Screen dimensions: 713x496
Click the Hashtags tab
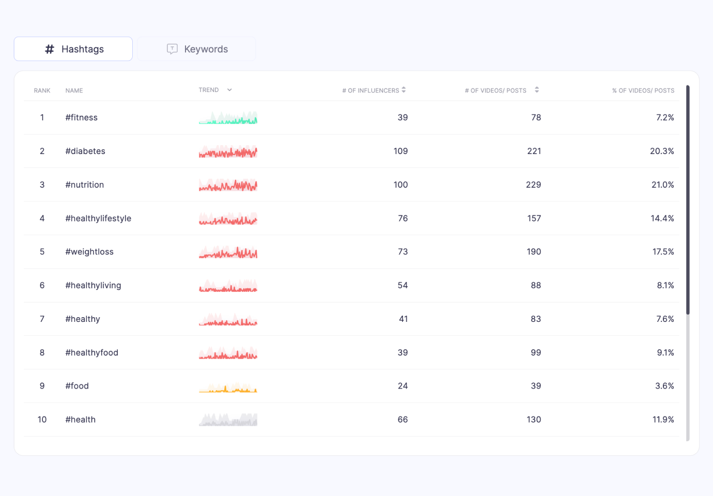[x=73, y=49]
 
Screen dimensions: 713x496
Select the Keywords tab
[x=196, y=49]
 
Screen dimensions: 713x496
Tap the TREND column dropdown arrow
[x=229, y=90]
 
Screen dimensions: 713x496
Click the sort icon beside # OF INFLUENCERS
[x=404, y=90]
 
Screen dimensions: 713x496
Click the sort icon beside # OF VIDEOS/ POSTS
[x=537, y=90]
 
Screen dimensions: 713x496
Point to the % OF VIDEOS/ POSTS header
[x=643, y=91]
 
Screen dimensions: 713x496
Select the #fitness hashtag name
[x=82, y=117]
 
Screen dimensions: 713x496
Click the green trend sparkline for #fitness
[x=228, y=117]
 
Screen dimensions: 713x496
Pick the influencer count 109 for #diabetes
[x=400, y=151]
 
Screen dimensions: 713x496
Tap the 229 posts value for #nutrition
[x=534, y=184]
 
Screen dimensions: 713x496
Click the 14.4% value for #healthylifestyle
[x=662, y=219]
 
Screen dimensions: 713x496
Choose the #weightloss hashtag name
[x=89, y=252]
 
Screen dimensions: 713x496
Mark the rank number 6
[x=42, y=285]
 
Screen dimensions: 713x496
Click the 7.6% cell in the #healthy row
[x=665, y=319]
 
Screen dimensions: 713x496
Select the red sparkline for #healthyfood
[x=228, y=353]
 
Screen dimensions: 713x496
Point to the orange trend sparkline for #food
[x=228, y=388]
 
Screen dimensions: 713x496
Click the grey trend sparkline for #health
[x=228, y=420]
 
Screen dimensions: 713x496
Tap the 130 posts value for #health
[x=534, y=420]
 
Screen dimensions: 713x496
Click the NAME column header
[x=74, y=91]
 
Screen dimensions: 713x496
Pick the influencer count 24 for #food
[x=402, y=386]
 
